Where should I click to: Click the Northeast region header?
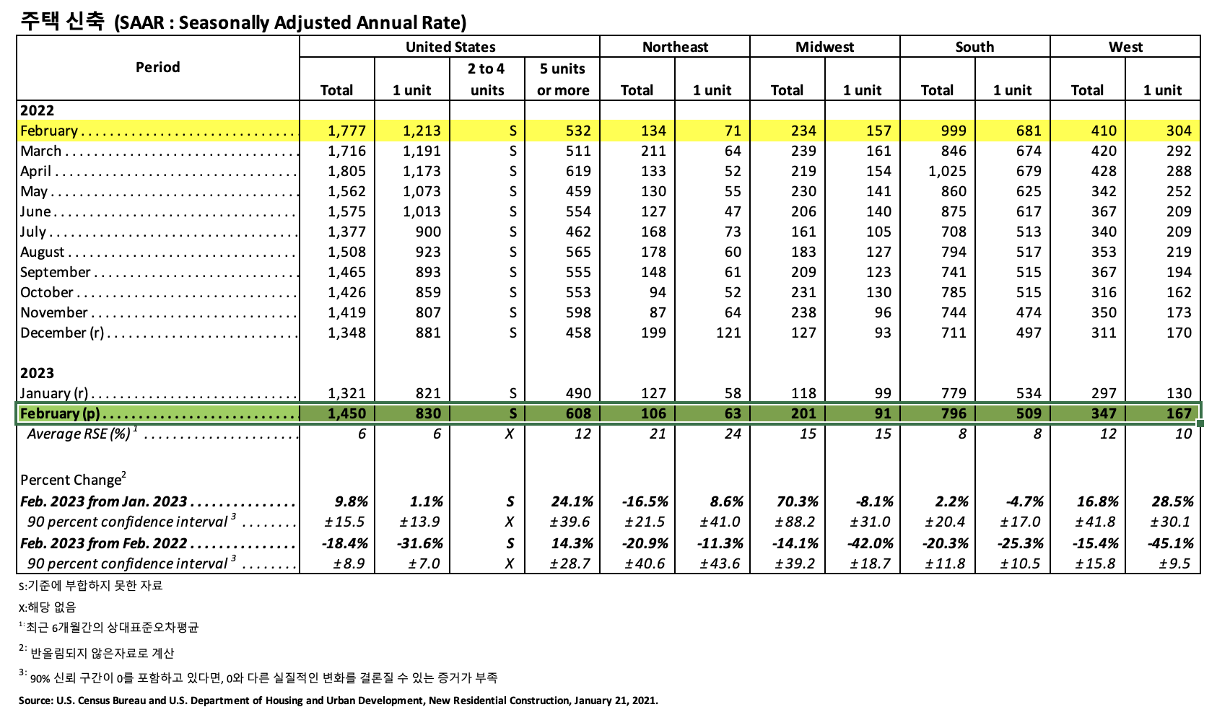(x=675, y=47)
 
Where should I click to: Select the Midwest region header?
(x=824, y=47)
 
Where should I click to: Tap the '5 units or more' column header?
(x=562, y=79)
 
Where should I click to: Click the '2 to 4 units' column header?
(x=487, y=79)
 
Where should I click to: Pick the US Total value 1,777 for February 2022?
(x=346, y=131)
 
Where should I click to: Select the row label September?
(x=56, y=272)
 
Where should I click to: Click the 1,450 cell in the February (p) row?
(x=346, y=413)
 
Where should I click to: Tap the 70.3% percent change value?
(x=796, y=501)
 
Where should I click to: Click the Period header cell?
(x=157, y=67)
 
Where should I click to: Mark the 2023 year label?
(x=37, y=373)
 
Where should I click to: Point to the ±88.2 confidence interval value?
(x=795, y=522)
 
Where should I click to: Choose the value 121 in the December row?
(x=728, y=333)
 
